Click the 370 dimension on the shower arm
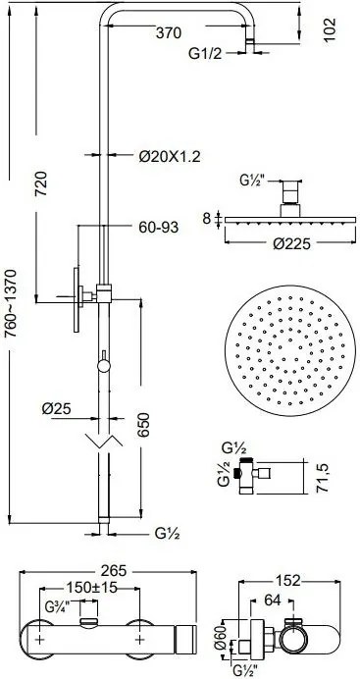168,33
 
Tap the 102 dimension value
330,29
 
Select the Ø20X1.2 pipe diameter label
170,156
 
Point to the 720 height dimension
41,183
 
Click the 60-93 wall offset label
158,228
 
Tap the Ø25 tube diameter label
56,408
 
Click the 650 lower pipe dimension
144,425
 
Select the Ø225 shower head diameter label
291,244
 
